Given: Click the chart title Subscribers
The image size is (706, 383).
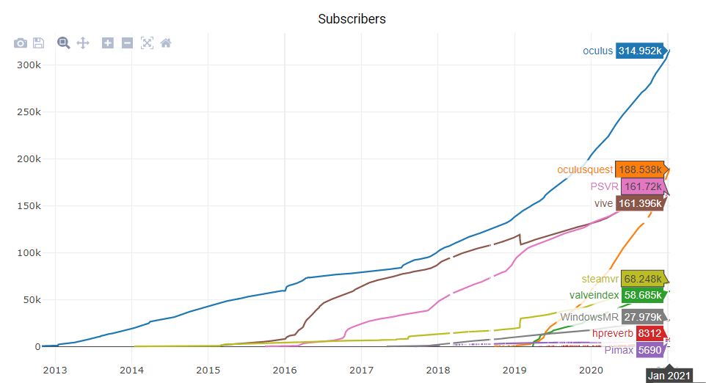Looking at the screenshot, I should point(352,18).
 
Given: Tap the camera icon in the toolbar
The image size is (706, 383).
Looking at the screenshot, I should point(21,43).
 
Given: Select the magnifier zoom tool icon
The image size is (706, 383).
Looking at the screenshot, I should point(64,43).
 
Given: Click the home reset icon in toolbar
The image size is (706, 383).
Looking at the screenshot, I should point(166,43).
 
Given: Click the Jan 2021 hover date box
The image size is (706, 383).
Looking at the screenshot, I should point(669,376).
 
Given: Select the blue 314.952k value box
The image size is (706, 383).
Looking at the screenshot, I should point(640,51).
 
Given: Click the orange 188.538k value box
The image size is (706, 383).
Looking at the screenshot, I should point(639,169).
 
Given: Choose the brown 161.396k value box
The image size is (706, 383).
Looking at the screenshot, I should point(639,203).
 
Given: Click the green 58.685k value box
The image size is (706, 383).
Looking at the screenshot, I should point(642,296).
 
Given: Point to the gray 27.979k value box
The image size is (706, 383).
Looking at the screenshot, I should point(642,317).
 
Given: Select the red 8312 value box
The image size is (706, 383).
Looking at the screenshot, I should point(650,334).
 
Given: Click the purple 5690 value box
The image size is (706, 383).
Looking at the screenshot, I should point(650,351).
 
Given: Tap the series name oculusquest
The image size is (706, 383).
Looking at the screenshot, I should point(585,169).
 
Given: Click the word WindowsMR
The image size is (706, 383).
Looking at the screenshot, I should point(590,317).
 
